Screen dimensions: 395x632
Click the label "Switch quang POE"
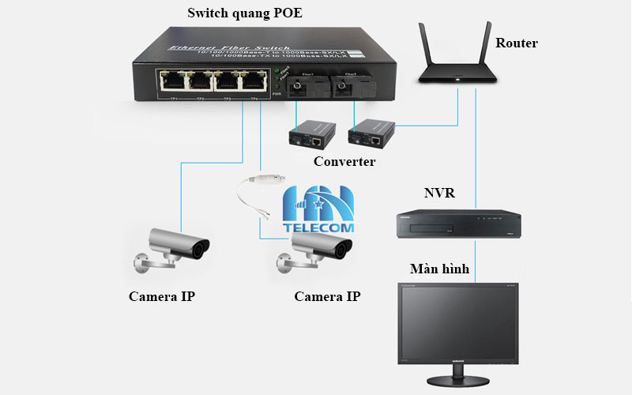[245, 13]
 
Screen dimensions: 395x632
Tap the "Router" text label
[516, 43]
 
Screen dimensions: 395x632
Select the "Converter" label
[344, 162]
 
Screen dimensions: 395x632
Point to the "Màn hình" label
[439, 269]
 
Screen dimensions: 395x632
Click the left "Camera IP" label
[161, 297]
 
